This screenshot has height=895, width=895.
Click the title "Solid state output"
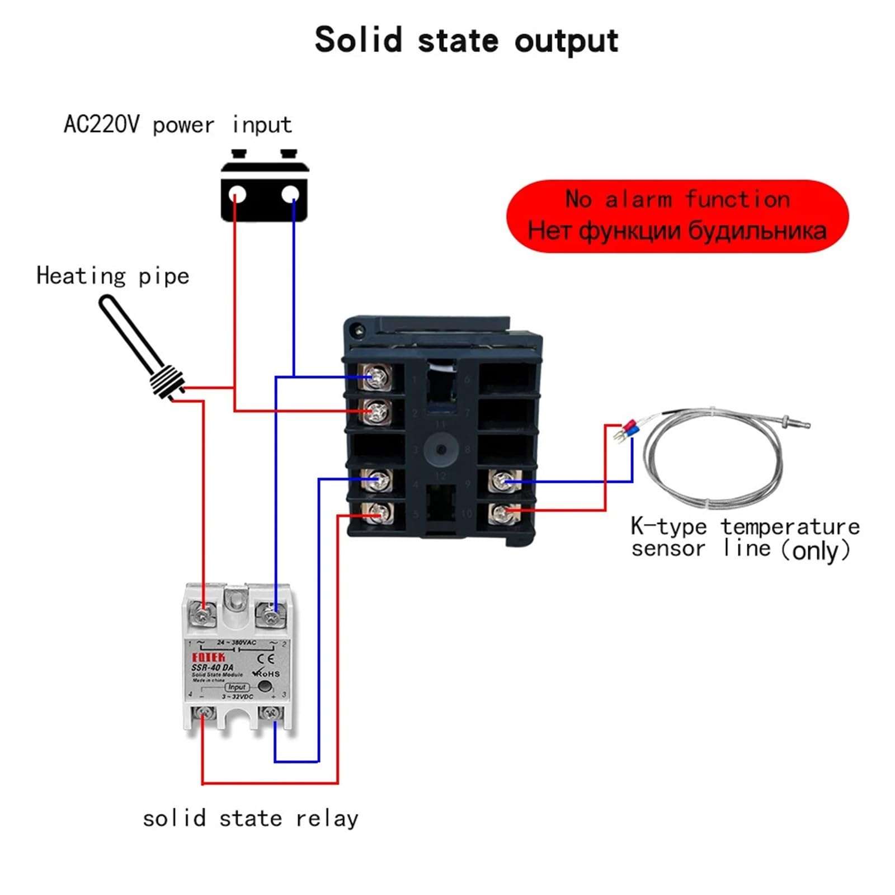(466, 40)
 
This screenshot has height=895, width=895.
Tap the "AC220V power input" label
(177, 125)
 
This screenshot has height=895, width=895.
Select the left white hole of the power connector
(237, 195)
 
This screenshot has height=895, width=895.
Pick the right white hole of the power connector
(290, 195)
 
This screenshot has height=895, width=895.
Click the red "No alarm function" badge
(677, 216)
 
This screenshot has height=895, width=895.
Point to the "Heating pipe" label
(112, 276)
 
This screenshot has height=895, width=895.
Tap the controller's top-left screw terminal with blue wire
(376, 378)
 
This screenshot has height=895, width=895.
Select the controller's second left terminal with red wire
(376, 412)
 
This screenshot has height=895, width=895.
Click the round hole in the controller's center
(441, 450)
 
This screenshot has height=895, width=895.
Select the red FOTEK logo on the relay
(208, 657)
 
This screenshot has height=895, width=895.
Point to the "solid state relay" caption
(250, 819)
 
